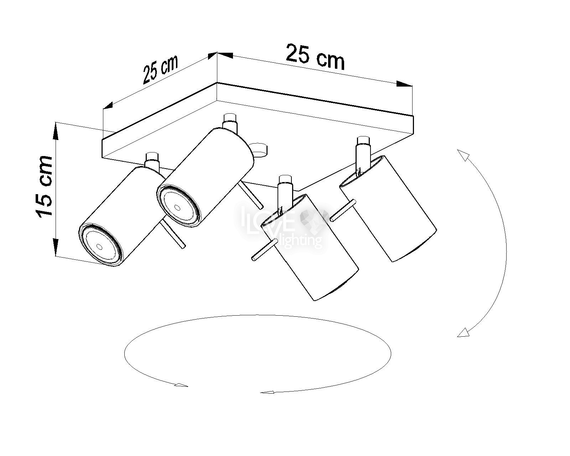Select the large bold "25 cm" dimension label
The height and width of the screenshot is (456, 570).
pos(315,58)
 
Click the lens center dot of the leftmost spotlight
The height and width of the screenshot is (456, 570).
pos(99,247)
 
